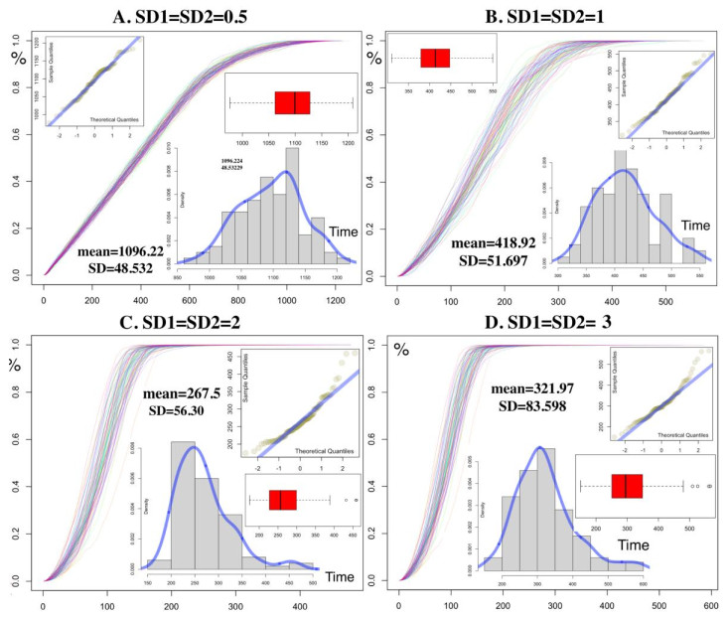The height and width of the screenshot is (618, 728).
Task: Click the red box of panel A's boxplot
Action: (292, 102)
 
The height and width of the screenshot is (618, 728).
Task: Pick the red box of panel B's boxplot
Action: (435, 58)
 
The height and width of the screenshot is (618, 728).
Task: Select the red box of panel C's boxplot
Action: (283, 500)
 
